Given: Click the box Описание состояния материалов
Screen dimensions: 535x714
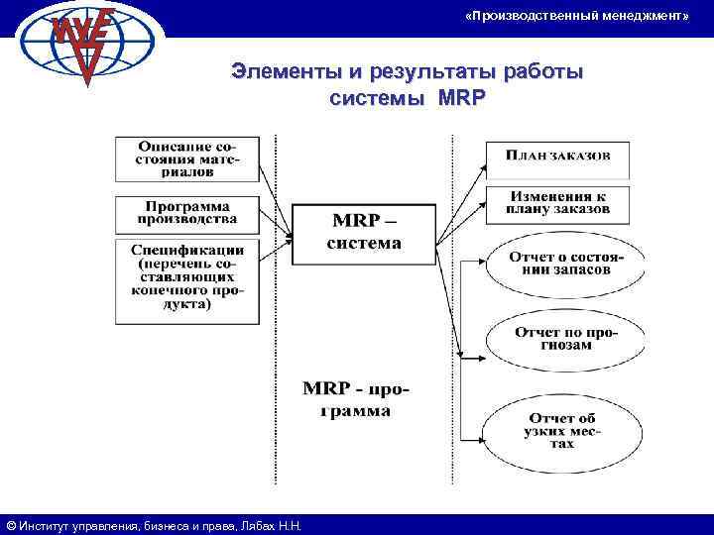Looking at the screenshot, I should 185,159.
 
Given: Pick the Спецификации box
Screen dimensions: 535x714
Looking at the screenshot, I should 185,281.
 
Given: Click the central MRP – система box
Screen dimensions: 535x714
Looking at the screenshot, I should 364,234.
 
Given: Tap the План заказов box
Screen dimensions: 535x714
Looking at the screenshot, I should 559,156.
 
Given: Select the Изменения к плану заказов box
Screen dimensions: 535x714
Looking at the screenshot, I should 559,204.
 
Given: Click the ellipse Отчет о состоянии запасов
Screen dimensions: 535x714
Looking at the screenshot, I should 564,266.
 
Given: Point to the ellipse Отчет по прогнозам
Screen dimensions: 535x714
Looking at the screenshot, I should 564,339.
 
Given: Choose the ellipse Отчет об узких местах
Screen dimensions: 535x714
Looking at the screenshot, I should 564,430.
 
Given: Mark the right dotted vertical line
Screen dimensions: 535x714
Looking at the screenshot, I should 453,307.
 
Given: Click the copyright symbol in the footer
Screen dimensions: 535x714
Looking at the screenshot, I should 10,526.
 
